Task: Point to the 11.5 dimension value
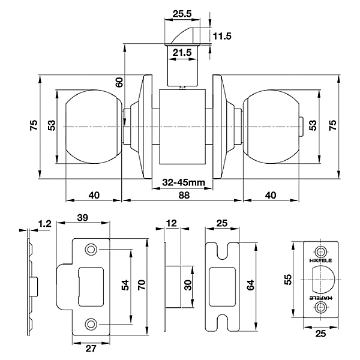tap(222, 36)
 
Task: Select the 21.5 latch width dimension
tap(182, 53)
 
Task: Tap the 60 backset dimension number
tap(119, 82)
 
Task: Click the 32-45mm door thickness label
tap(184, 182)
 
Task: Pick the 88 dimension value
tap(184, 195)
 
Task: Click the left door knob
tap(94, 127)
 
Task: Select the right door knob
tap(271, 127)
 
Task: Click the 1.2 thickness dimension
tap(45, 223)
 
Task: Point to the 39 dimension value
tap(83, 217)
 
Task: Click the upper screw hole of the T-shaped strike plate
tap(91, 250)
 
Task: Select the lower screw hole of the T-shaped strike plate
tap(91, 324)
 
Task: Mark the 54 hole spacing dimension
tap(125, 285)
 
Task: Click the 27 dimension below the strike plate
tap(91, 349)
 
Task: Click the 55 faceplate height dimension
tap(288, 280)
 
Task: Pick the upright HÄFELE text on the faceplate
tap(320, 260)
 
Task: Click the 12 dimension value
tap(172, 223)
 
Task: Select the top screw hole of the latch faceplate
tap(320, 252)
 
